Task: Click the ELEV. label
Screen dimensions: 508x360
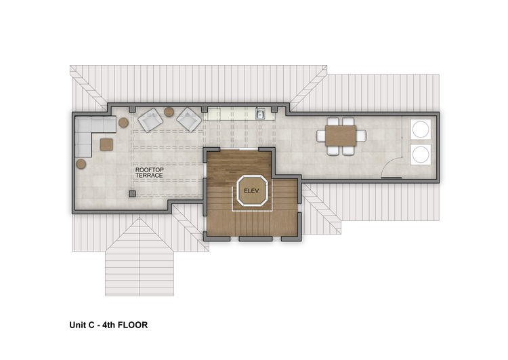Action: tap(252, 191)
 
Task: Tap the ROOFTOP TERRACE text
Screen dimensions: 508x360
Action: tap(150, 172)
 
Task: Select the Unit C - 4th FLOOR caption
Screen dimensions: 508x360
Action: tap(108, 325)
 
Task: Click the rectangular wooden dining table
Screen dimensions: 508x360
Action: tap(341, 136)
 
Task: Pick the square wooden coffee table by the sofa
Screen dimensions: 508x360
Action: tap(106, 144)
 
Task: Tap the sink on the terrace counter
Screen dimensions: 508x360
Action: tap(260, 114)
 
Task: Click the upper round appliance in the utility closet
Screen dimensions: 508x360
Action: tap(421, 129)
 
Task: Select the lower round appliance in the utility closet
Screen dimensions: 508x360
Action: tap(421, 155)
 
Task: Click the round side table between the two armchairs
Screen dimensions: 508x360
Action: tap(169, 112)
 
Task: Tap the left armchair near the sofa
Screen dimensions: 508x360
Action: tap(150, 120)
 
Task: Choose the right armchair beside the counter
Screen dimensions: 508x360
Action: tap(189, 120)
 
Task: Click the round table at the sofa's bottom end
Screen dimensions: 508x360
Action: tap(81, 164)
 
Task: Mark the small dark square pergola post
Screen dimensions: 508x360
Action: tap(132, 194)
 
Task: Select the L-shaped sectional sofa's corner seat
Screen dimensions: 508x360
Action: tap(83, 125)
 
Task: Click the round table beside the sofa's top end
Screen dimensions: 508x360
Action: tap(123, 123)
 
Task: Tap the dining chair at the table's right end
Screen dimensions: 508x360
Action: tap(361, 136)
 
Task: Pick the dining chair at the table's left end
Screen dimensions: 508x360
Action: tap(321, 136)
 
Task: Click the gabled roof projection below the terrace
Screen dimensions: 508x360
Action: tap(140, 256)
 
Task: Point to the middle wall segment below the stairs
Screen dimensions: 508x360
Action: tap(255, 239)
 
